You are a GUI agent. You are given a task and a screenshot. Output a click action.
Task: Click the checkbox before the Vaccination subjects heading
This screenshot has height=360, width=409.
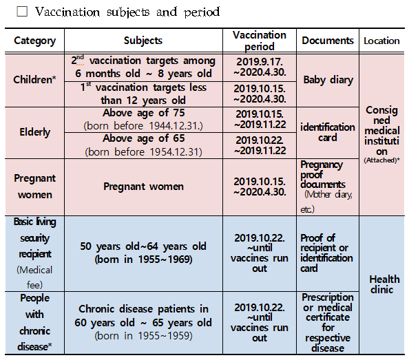point(22,12)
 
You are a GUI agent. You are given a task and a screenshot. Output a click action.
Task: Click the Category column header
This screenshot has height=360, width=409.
point(34,41)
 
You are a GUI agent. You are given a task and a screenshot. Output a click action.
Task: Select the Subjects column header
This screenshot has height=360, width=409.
point(143,41)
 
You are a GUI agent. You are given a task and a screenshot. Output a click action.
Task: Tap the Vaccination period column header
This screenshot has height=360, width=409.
point(260,41)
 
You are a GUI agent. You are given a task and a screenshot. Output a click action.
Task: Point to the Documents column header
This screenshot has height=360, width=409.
point(328,41)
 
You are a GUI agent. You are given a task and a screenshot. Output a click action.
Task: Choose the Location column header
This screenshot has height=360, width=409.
point(381,41)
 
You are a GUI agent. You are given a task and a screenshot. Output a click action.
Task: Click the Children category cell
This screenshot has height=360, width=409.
point(34,80)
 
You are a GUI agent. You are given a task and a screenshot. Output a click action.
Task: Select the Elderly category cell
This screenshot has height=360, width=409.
point(34,132)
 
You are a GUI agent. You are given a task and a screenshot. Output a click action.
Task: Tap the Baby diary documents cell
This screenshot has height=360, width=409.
point(328,80)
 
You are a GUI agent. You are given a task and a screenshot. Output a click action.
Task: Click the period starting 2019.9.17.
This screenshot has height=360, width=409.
point(260,67)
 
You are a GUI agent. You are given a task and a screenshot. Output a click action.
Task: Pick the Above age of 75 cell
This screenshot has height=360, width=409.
point(143,119)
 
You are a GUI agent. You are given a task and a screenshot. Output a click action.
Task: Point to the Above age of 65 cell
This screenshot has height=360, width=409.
point(143,145)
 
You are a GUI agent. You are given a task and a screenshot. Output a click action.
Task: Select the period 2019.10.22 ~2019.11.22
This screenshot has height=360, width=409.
point(260,145)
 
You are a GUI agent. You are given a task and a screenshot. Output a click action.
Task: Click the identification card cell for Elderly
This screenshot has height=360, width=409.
point(328,132)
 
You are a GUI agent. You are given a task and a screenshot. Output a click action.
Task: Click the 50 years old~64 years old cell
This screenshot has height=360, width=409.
point(143,253)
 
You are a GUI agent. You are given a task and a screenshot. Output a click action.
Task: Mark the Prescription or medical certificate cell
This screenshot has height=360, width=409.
point(328,322)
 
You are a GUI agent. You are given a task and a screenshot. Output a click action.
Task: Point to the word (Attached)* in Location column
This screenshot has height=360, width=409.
point(381,160)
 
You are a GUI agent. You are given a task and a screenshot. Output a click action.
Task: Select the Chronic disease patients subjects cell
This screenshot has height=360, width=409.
point(143,322)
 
